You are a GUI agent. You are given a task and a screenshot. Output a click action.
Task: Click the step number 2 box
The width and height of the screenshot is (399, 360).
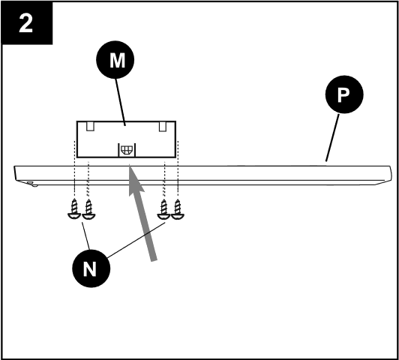pos(26,26)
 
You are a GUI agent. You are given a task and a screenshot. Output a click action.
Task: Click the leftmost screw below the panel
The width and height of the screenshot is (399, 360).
pos(74,211)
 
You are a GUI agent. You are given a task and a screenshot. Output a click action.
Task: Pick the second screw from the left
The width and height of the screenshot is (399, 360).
pos(89,211)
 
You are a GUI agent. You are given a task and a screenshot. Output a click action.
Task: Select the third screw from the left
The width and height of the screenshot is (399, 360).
pos(163,211)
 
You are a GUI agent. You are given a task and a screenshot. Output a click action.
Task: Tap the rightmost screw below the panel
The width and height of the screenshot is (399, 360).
pos(178,211)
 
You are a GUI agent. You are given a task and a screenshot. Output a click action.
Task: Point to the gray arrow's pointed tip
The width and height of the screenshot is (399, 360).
pos(130,169)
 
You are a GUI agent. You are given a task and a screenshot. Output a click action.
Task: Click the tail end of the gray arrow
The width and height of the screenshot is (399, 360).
pos(154,259)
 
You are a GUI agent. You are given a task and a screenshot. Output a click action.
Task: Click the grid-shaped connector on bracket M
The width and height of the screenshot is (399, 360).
pos(124,148)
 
